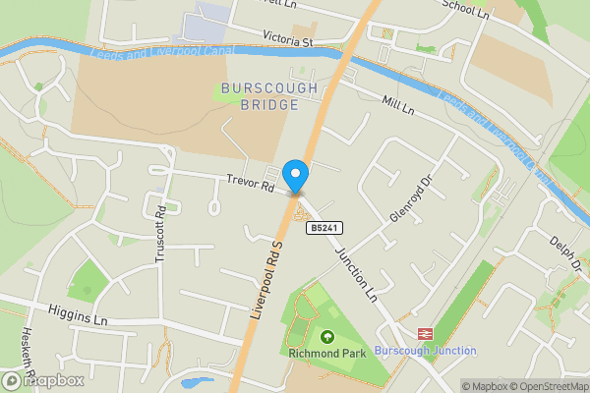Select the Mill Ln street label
397,107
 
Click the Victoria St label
287,42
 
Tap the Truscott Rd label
161,239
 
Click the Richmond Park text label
325,353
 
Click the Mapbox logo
43,380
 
